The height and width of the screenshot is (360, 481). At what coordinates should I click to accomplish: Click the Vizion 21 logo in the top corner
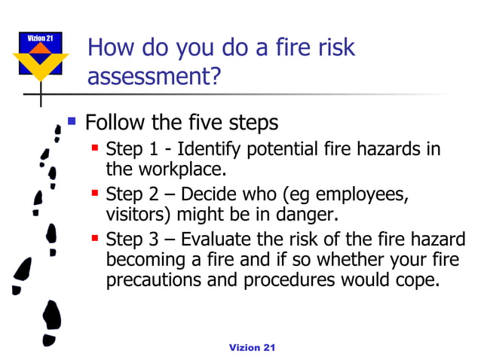[x=41, y=56]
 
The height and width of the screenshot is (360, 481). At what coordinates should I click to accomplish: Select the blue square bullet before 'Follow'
[x=72, y=120]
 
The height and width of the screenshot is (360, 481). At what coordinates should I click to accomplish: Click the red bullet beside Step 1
[x=95, y=148]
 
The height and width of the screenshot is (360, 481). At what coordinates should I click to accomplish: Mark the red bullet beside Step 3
[x=95, y=239]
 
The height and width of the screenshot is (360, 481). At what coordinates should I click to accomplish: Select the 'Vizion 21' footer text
[x=253, y=346]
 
